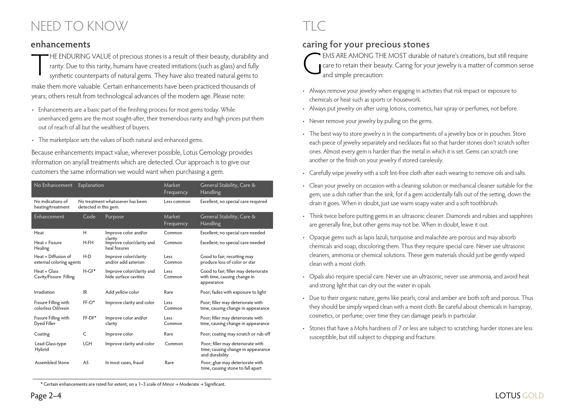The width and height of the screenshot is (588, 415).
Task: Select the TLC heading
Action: pyautogui.click(x=314, y=26)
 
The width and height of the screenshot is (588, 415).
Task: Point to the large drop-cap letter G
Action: pyautogui.click(x=312, y=64)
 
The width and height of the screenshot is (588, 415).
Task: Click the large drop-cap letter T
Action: pyautogui.click(x=40, y=65)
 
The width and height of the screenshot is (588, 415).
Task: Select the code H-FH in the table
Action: pyautogui.click(x=88, y=243)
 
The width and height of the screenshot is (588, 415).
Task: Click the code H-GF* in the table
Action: pyautogui.click(x=89, y=271)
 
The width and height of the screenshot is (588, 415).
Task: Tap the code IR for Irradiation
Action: pyautogui.click(x=85, y=292)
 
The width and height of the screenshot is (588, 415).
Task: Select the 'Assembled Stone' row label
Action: pyautogui.click(x=52, y=363)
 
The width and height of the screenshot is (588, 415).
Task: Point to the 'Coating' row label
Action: pyautogui.click(x=42, y=334)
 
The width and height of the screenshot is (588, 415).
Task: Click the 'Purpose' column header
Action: pyautogui.click(x=114, y=217)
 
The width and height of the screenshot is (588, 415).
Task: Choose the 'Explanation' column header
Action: pyautogui.click(x=91, y=185)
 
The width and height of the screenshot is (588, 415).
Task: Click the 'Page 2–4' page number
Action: pyautogui.click(x=46, y=396)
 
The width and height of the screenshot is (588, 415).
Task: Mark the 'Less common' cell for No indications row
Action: pyautogui.click(x=177, y=201)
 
